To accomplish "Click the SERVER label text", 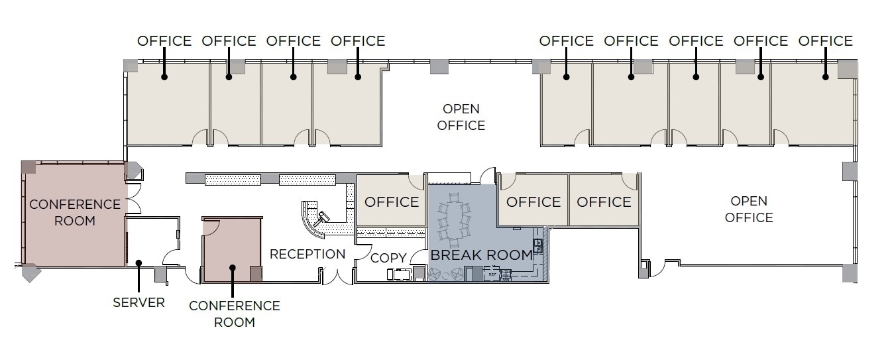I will pyautogui.click(x=139, y=302).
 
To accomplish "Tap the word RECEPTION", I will pyautogui.click(x=307, y=254).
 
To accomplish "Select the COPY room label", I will pyautogui.click(x=388, y=258).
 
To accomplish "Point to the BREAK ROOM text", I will pyautogui.click(x=481, y=255).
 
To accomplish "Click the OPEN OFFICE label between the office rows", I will pyautogui.click(x=461, y=117).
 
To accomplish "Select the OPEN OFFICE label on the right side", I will pyautogui.click(x=749, y=209).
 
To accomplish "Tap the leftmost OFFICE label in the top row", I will pyautogui.click(x=164, y=41).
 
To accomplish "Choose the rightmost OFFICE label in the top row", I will pyautogui.click(x=825, y=41).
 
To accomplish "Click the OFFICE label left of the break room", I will pyautogui.click(x=392, y=202).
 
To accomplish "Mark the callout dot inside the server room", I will pyautogui.click(x=139, y=263).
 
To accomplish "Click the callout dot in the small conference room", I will pyautogui.click(x=233, y=269).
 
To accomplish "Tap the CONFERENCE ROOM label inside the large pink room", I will pyautogui.click(x=74, y=212).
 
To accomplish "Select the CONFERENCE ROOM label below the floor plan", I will pyautogui.click(x=234, y=314).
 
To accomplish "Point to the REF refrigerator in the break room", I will pyautogui.click(x=492, y=272).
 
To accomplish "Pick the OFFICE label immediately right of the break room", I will pyautogui.click(x=533, y=202).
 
